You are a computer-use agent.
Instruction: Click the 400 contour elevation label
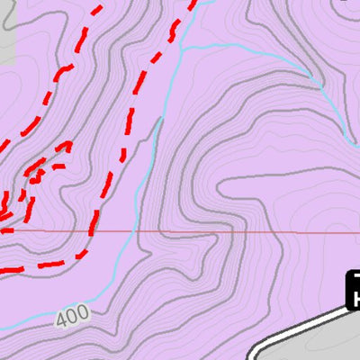point(71,316)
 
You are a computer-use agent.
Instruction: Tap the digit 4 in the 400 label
point(61,319)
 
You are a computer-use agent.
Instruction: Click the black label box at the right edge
point(353,288)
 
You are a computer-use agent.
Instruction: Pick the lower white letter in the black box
point(355,297)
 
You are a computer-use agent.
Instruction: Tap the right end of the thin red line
point(358,232)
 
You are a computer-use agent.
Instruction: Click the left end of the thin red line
point(2,230)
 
